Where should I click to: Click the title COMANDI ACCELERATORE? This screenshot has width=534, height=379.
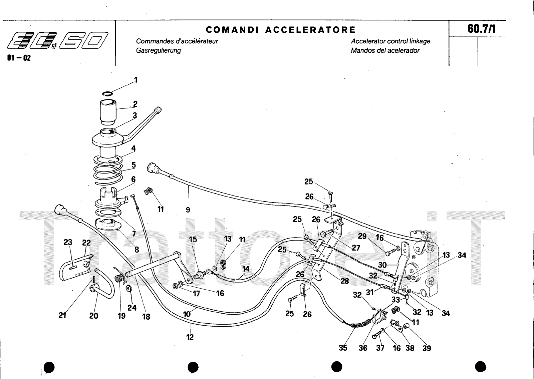pos(281,30)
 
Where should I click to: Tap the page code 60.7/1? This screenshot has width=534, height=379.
pos(481,29)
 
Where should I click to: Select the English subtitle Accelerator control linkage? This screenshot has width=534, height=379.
pos(390,41)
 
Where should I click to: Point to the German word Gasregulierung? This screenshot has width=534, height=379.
pos(159,50)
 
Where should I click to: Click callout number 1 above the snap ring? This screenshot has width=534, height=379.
pos(136,80)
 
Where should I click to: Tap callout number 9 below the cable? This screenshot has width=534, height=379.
pos(188,210)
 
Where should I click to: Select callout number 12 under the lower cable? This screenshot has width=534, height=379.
pos(190,337)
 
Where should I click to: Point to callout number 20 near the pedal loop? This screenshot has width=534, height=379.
pos(94,315)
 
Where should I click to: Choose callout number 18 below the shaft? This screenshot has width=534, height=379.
pos(146,317)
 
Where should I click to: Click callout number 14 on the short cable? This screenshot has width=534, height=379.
pos(246,269)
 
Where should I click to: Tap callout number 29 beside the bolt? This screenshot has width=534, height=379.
pos(362,237)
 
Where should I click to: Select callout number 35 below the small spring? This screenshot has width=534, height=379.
pos(343,348)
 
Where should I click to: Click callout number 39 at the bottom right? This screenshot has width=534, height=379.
pos(427,348)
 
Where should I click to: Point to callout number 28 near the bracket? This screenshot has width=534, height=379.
pos(344,281)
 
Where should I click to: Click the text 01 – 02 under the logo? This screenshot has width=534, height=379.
pos(19,58)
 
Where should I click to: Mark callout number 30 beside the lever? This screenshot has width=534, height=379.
pos(382,265)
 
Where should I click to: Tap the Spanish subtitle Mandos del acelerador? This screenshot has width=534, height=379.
pos(385,50)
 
